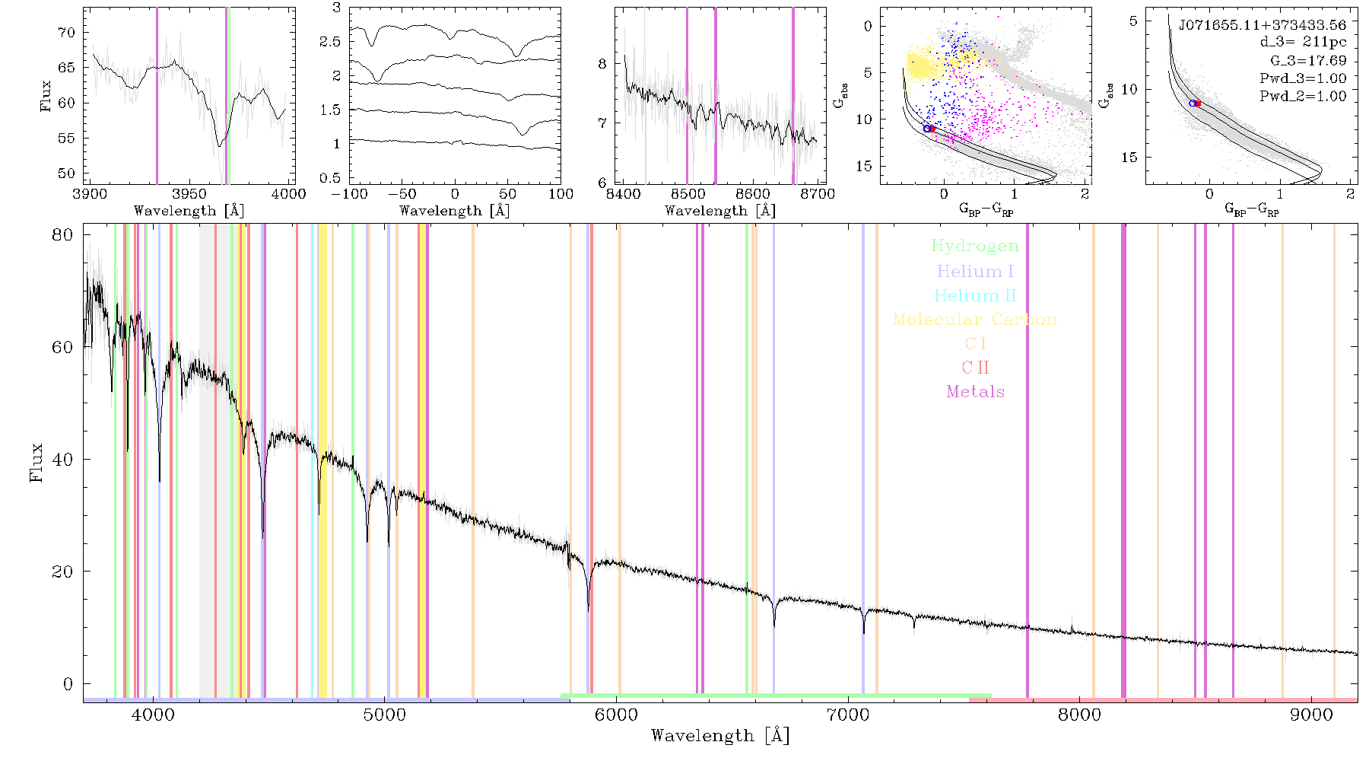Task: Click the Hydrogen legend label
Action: (x=974, y=246)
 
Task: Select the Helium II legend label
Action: (x=974, y=295)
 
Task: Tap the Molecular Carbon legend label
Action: (x=975, y=320)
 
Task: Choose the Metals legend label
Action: (x=975, y=391)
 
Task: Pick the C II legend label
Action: (x=975, y=368)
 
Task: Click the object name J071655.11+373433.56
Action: (x=1262, y=25)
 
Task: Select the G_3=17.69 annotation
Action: (x=1308, y=60)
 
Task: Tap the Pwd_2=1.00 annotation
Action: (x=1303, y=96)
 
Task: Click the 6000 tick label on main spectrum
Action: (x=616, y=715)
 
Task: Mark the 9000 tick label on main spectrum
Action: (x=1311, y=715)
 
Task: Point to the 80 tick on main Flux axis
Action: (x=63, y=234)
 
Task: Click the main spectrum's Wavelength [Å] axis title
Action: (x=720, y=736)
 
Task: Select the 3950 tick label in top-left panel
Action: (x=189, y=194)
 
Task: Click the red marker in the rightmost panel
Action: (x=1198, y=103)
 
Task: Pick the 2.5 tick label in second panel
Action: (x=330, y=41)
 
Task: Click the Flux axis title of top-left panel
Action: (x=46, y=97)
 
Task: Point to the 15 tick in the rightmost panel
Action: (x=1129, y=157)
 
